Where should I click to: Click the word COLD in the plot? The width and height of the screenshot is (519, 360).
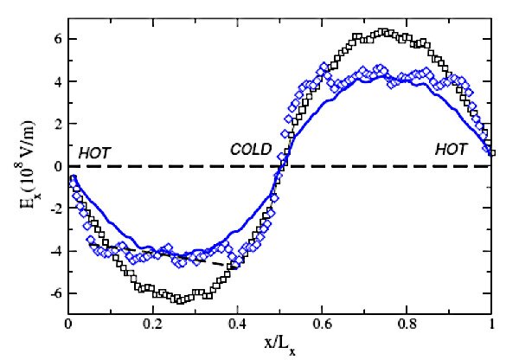coord(251,149)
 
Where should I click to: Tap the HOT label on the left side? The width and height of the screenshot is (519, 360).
coord(95,151)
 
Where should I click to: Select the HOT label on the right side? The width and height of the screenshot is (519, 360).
coord(451,149)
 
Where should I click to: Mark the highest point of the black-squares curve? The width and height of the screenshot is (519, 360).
coord(384,33)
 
